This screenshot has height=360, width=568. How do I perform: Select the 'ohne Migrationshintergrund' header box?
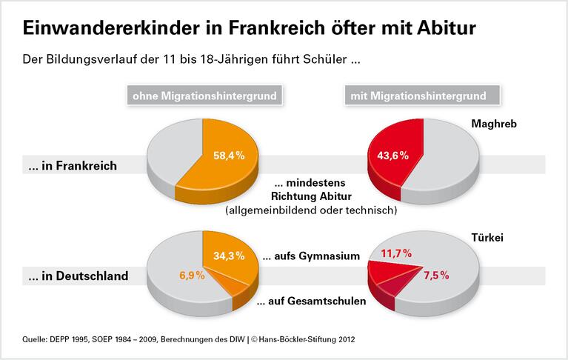[x=204, y=96]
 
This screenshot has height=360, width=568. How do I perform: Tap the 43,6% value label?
[x=393, y=157]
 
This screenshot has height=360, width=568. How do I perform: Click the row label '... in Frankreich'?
[x=73, y=166]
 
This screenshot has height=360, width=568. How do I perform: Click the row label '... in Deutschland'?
[x=78, y=276]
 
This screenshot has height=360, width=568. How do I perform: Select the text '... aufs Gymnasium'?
[x=311, y=256]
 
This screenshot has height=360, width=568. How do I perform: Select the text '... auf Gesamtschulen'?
[x=311, y=302]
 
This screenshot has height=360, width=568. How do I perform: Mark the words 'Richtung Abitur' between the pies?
[x=311, y=197]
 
